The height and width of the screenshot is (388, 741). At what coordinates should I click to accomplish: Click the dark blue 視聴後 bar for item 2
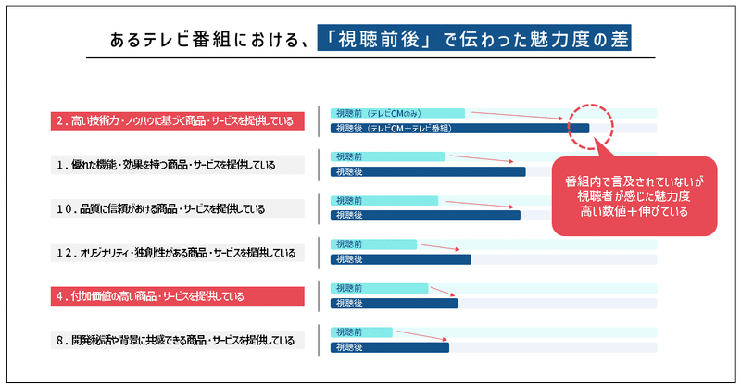tap(459, 128)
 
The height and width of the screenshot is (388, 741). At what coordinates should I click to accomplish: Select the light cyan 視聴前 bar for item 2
tap(397, 113)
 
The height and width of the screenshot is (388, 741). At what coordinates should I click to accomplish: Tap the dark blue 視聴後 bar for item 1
tap(428, 171)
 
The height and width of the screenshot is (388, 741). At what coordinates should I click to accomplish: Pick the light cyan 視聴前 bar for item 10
tap(384, 200)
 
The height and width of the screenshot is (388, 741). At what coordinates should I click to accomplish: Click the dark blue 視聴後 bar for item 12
tap(401, 259)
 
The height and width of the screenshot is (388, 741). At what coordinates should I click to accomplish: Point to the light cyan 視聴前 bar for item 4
tap(380, 288)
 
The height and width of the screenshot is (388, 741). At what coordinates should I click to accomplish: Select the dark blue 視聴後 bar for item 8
tap(390, 347)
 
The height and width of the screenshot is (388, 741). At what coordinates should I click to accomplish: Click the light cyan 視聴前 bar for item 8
tap(361, 332)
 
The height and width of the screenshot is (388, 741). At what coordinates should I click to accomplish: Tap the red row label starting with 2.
tap(178, 121)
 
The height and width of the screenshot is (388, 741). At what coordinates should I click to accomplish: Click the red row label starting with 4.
tap(178, 296)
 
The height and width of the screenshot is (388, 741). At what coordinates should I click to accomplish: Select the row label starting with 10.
tap(178, 208)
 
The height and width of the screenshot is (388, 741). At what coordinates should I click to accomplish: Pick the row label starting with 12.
tap(178, 253)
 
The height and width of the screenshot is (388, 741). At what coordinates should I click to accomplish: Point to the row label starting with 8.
tap(178, 340)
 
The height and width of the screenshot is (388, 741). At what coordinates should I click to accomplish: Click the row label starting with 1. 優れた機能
tap(178, 165)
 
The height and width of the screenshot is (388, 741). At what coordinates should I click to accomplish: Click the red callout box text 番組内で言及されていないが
tap(634, 181)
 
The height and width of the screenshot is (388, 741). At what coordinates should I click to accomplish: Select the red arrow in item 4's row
tap(443, 291)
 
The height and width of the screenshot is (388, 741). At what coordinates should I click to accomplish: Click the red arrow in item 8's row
tap(422, 335)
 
